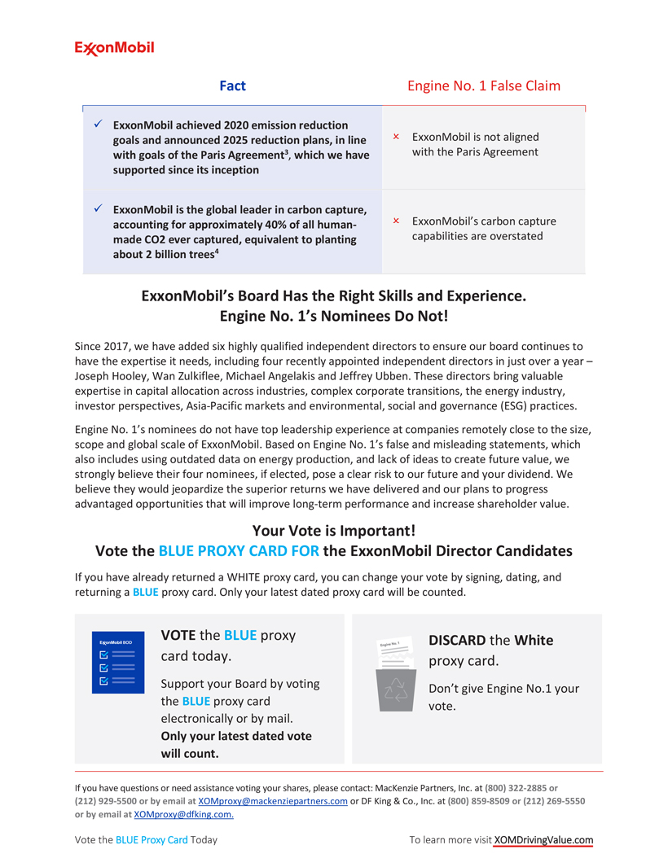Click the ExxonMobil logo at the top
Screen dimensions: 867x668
(x=115, y=48)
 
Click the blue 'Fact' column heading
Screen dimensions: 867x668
(x=232, y=85)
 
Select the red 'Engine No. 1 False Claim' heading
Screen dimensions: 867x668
(x=483, y=85)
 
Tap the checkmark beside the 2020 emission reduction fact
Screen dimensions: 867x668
(x=97, y=124)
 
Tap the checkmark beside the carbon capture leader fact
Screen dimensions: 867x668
(x=97, y=209)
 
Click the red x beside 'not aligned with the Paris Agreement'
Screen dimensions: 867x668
(x=396, y=137)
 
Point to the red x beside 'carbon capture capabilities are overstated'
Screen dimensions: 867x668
(x=396, y=221)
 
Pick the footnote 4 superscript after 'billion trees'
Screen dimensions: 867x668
(x=216, y=252)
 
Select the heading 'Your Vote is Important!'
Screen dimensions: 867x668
(x=334, y=530)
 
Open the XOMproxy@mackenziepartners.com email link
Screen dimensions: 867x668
(x=273, y=801)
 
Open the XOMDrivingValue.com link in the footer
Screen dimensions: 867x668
(x=543, y=840)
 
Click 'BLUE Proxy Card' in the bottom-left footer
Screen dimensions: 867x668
(x=152, y=840)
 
